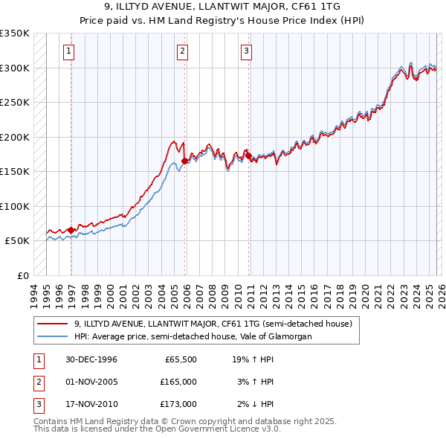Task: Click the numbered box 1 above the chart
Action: pos(68,51)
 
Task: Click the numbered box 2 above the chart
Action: pos(182,51)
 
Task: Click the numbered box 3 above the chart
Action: pos(246,51)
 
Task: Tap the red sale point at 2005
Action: pos(185,161)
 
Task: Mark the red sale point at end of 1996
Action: pos(71,230)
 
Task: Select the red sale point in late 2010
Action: pos(249,156)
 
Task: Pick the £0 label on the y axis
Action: pos(22,275)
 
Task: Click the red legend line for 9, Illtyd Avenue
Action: pos(53,324)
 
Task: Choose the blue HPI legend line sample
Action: pos(53,336)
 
